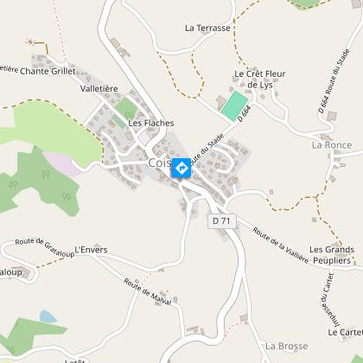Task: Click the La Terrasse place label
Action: [x=207, y=28]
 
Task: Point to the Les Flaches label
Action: [x=150, y=123]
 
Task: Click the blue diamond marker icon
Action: [x=182, y=167]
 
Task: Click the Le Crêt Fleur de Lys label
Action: [x=259, y=80]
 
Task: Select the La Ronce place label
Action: [x=332, y=144]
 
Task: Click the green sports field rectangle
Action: [x=232, y=106]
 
